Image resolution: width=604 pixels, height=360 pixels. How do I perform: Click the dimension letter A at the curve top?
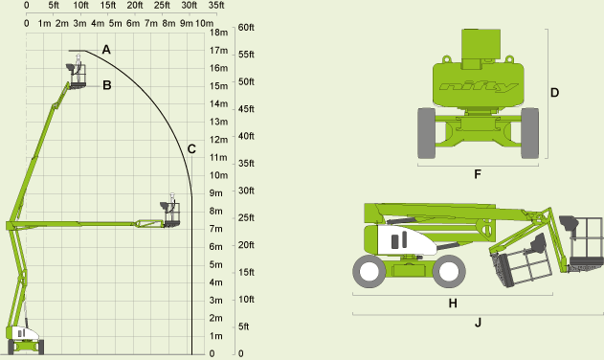pyautogui.click(x=106, y=50)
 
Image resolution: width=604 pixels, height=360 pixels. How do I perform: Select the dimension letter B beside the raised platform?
pyautogui.click(x=107, y=85)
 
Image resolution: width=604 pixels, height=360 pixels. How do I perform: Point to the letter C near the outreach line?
pyautogui.click(x=191, y=149)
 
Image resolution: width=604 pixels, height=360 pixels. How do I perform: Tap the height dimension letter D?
pyautogui.click(x=554, y=93)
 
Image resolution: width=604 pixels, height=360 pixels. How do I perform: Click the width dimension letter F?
pyautogui.click(x=478, y=174)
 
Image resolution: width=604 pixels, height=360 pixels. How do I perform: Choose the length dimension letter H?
pyautogui.click(x=453, y=304)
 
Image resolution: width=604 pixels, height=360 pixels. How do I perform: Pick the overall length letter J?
pyautogui.click(x=478, y=323)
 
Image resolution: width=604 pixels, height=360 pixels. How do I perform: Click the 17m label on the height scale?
pyautogui.click(x=218, y=51)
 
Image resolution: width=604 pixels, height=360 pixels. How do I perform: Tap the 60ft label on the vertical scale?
pyautogui.click(x=246, y=28)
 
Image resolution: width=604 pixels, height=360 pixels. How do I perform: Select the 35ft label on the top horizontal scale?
pyautogui.click(x=216, y=6)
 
